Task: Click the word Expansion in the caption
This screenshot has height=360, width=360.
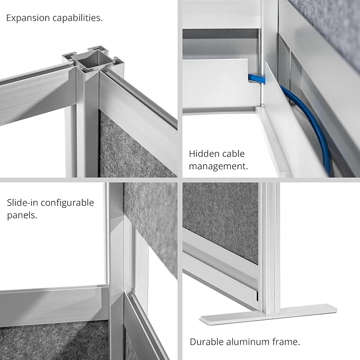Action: (x=28, y=18)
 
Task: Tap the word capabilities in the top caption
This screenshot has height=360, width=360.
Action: (x=77, y=18)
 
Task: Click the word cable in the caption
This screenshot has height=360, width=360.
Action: (x=233, y=154)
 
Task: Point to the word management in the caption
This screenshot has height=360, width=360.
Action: (x=218, y=166)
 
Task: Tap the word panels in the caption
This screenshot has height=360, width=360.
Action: (x=22, y=216)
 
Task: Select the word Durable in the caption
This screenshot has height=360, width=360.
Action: (x=207, y=341)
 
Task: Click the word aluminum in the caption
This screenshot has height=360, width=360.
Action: (x=248, y=341)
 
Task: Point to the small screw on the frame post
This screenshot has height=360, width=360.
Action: (x=273, y=295)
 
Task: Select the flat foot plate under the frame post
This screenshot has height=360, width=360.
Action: (x=269, y=314)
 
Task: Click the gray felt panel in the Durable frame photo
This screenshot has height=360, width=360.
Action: (x=221, y=221)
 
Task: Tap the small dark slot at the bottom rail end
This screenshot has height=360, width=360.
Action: (x=257, y=296)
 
